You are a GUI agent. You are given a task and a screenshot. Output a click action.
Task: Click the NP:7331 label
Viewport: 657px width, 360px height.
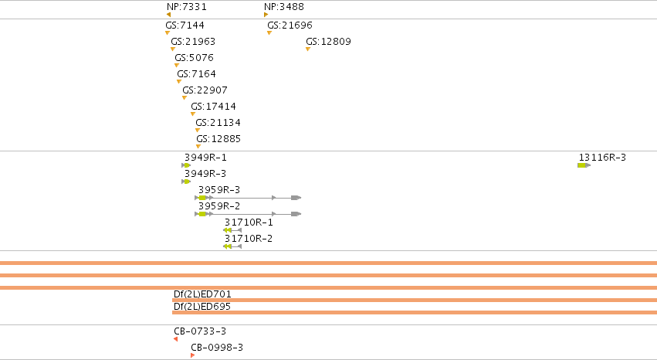click(187, 7)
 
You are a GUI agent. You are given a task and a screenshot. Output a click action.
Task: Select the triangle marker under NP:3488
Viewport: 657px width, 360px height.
click(266, 15)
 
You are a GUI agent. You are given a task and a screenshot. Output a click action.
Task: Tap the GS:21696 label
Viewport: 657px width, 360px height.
click(290, 25)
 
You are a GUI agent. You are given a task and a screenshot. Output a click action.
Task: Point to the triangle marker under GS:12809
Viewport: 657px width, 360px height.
click(308, 49)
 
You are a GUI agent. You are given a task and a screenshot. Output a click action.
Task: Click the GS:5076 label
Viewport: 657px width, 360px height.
click(194, 57)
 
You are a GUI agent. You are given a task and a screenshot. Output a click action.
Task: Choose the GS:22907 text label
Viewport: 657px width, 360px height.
click(205, 90)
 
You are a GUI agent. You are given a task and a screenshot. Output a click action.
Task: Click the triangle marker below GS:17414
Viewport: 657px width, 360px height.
click(193, 114)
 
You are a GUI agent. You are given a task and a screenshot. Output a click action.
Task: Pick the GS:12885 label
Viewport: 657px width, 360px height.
click(218, 139)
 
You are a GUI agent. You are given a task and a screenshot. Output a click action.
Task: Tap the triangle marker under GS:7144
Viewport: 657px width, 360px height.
click(168, 32)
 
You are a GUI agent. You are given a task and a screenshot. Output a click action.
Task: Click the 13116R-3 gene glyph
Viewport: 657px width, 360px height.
click(584, 165)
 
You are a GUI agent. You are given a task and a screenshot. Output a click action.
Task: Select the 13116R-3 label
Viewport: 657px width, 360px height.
click(602, 157)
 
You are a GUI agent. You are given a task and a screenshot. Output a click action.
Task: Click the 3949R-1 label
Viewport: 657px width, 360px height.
click(205, 157)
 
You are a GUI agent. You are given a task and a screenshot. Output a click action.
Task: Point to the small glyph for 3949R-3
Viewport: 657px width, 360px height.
click(186, 182)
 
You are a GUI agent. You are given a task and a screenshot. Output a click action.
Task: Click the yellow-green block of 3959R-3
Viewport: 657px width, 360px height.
click(202, 198)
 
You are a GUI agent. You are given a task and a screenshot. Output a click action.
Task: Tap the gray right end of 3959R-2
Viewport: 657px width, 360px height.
click(296, 214)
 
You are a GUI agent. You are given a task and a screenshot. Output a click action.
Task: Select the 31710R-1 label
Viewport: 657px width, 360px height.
click(249, 222)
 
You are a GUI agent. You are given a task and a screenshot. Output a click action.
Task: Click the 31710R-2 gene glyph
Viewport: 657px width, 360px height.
click(232, 246)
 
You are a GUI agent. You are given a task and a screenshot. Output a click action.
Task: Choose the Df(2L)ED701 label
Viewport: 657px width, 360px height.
click(202, 294)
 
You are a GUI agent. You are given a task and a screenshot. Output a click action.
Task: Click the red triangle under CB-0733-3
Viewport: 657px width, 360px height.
click(175, 339)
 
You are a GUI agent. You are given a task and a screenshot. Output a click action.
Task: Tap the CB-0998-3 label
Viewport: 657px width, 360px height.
click(217, 348)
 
